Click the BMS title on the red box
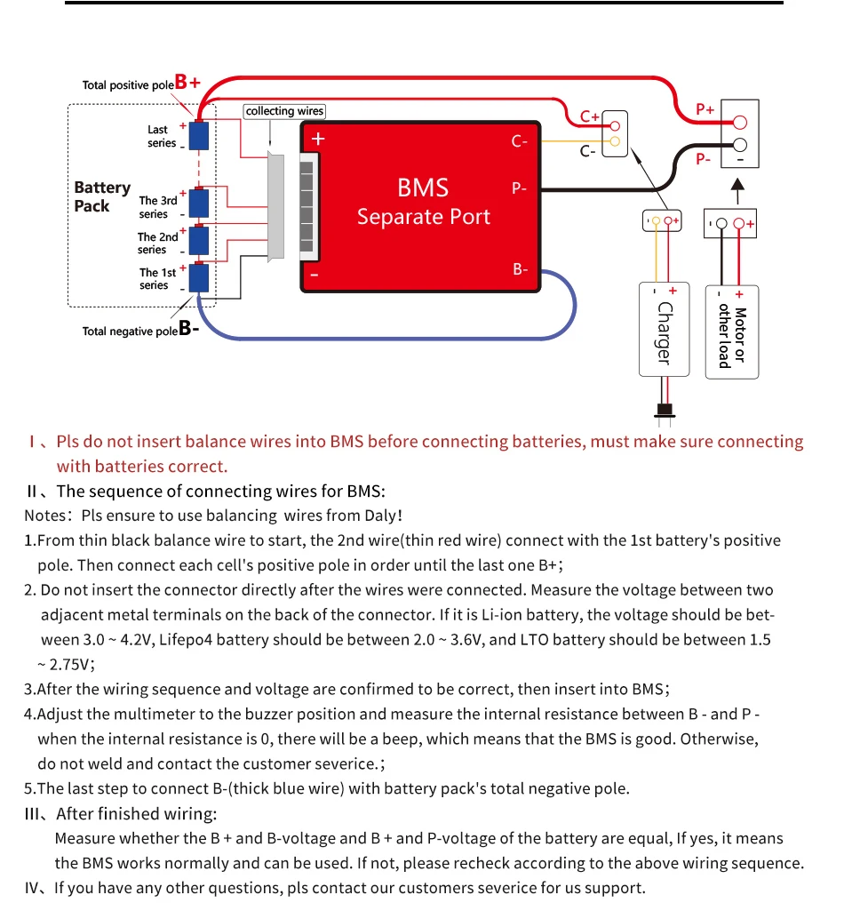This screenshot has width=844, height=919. click(423, 188)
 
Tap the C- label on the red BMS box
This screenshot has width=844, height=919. click(520, 141)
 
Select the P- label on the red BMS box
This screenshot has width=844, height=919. click(520, 188)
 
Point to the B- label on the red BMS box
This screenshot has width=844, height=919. click(521, 269)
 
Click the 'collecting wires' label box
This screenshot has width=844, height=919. click(285, 111)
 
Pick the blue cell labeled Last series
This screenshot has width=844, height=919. click(199, 136)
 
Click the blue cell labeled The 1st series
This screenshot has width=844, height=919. click(199, 277)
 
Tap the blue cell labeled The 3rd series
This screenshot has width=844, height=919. click(199, 204)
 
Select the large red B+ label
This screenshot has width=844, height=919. click(187, 83)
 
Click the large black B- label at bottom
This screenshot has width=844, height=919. click(188, 329)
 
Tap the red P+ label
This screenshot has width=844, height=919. click(705, 108)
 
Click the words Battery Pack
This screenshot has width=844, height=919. click(101, 196)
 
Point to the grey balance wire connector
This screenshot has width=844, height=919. click(275, 206)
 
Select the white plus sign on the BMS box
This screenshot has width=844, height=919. click(317, 139)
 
